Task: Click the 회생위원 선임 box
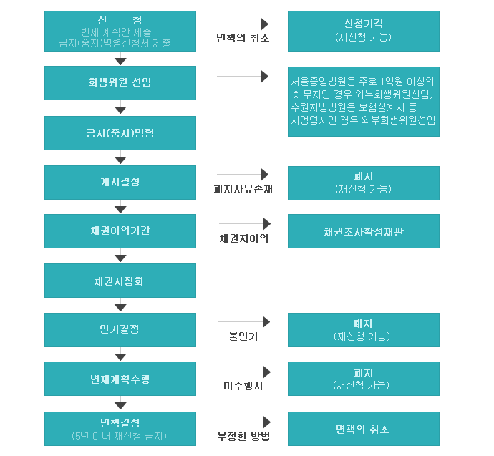[x=120, y=82]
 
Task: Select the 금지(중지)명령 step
[x=120, y=133]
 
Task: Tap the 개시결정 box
[x=120, y=182]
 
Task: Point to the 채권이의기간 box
[x=120, y=231]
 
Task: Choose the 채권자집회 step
[x=120, y=281]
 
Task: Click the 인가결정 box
[x=120, y=329]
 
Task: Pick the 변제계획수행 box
[x=120, y=379]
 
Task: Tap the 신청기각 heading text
[x=363, y=24]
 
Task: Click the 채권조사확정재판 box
[x=363, y=231]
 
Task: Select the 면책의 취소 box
[x=363, y=429]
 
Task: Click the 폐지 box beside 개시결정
[x=363, y=182]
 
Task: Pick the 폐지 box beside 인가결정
[x=363, y=329]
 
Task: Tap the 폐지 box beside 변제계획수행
[x=363, y=379]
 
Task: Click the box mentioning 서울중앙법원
[x=363, y=101]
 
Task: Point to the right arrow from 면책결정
[x=244, y=422]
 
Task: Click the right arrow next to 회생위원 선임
[x=243, y=76]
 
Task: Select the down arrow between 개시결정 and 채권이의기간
[x=120, y=207]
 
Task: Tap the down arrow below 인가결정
[x=120, y=354]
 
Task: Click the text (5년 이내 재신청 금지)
[x=120, y=435]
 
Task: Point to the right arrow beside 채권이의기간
[x=244, y=224]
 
